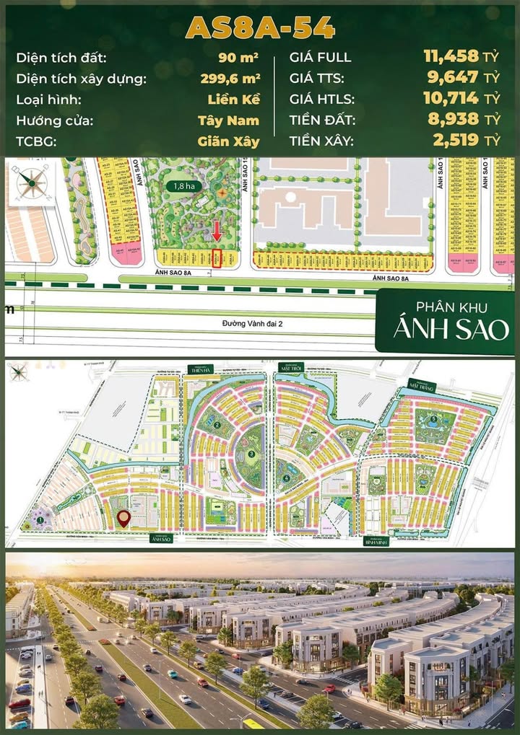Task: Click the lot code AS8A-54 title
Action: coord(260,27)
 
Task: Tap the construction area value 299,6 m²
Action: coord(230,78)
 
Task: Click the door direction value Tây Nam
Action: coord(228,120)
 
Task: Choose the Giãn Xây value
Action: coord(228,141)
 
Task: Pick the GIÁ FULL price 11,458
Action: coord(451,56)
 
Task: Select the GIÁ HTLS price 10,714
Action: coord(452,99)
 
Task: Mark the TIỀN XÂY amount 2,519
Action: coord(456,141)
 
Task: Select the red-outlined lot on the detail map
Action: coord(217,259)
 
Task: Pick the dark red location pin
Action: coord(123,518)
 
